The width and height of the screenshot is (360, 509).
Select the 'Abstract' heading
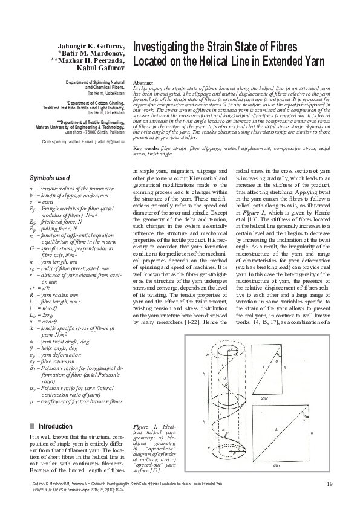pos(142,81)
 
